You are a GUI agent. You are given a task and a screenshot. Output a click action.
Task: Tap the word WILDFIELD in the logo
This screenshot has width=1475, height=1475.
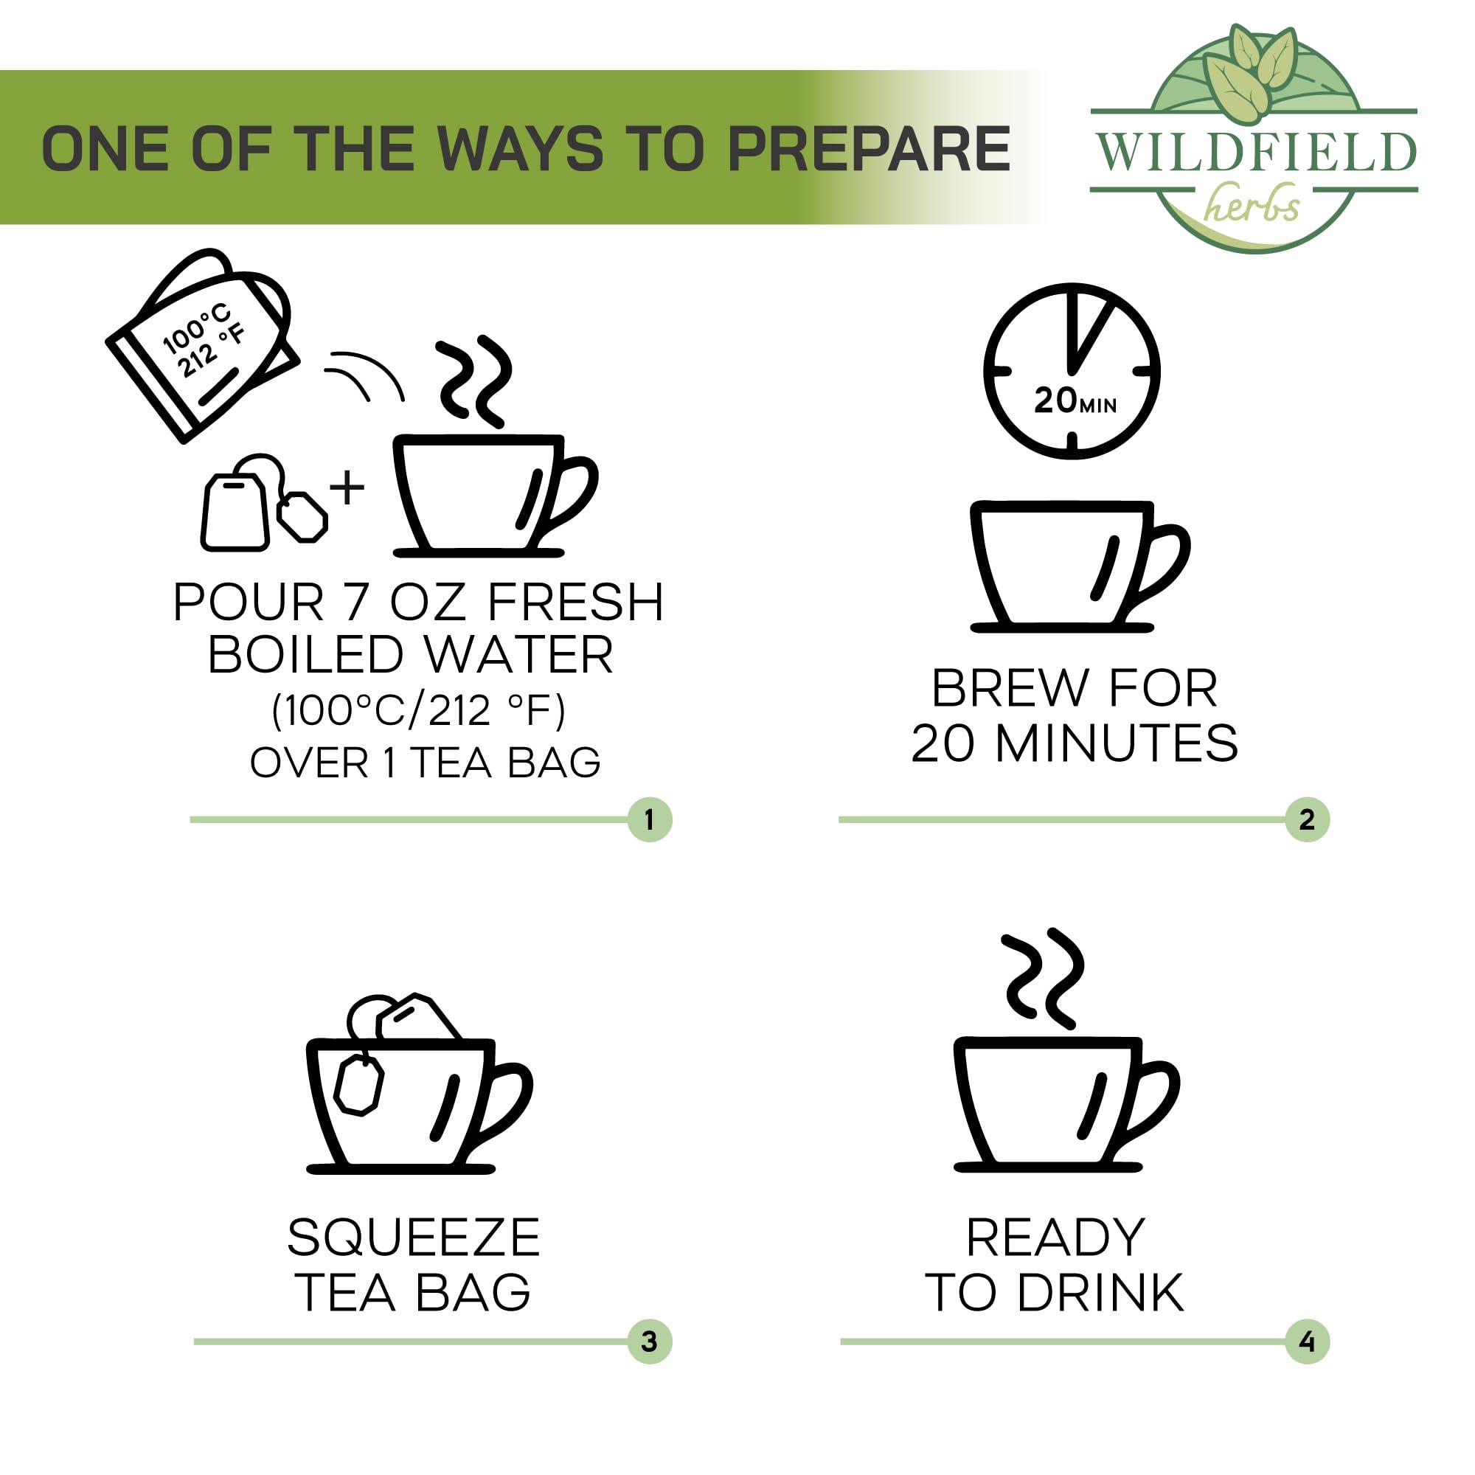click(1257, 153)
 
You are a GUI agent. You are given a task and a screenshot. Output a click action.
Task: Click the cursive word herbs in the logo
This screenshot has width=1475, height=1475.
click(1253, 205)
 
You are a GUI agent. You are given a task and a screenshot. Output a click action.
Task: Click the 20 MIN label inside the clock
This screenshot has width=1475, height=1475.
click(1073, 400)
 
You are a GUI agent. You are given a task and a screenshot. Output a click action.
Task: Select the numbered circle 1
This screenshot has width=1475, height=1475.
click(649, 820)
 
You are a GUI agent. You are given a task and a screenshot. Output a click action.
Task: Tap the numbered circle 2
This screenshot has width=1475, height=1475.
click(1307, 820)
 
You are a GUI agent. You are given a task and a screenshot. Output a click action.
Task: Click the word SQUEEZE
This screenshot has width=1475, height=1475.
click(414, 1238)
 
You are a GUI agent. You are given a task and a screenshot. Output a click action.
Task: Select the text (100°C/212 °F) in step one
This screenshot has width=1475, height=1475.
click(418, 711)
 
